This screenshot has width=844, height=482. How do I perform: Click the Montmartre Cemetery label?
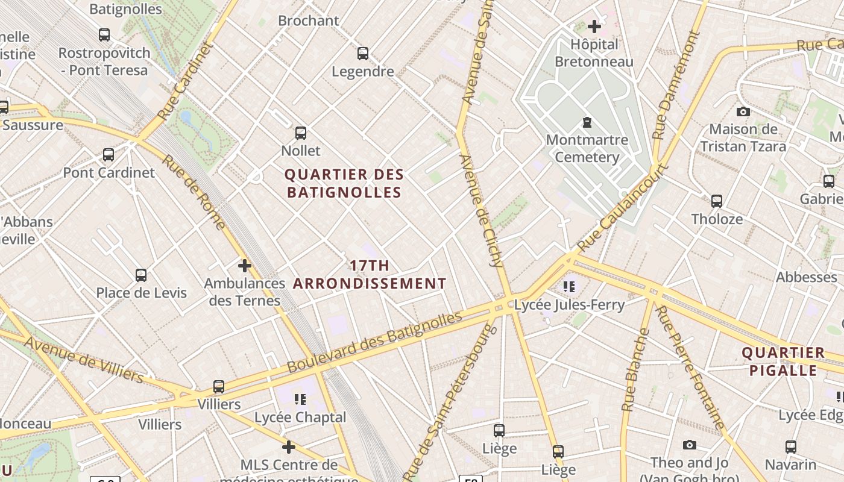pyautogui.click(x=587, y=149)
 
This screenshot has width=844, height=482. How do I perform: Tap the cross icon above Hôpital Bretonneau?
pyautogui.click(x=594, y=27)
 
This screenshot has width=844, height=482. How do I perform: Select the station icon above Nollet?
pyautogui.click(x=301, y=133)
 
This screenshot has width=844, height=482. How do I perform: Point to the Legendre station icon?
pyautogui.click(x=363, y=54)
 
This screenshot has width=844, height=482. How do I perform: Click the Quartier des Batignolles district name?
pyautogui.click(x=344, y=184)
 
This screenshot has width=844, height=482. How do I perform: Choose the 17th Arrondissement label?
pyautogui.click(x=370, y=275)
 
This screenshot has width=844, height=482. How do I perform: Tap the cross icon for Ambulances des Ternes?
pyautogui.click(x=245, y=266)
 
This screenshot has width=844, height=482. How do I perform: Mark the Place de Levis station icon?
pyautogui.click(x=141, y=275)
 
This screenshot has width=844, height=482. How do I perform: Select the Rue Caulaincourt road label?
pyautogui.click(x=623, y=208)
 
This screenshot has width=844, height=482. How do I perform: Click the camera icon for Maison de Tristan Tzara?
pyautogui.click(x=743, y=111)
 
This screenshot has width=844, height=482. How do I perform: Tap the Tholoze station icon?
pyautogui.click(x=717, y=201)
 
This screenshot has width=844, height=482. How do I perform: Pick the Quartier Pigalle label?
pyautogui.click(x=783, y=361)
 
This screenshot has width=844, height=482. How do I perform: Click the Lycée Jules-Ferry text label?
pyautogui.click(x=569, y=305)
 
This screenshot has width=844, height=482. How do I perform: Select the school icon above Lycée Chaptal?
pyautogui.click(x=300, y=399)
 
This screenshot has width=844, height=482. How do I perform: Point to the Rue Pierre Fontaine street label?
pyautogui.click(x=690, y=368)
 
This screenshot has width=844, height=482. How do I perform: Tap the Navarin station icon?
pyautogui.click(x=791, y=447)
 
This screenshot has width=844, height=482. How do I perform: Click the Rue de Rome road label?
pyautogui.click(x=194, y=193)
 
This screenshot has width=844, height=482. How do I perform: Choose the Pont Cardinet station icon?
pyautogui.click(x=109, y=155)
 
